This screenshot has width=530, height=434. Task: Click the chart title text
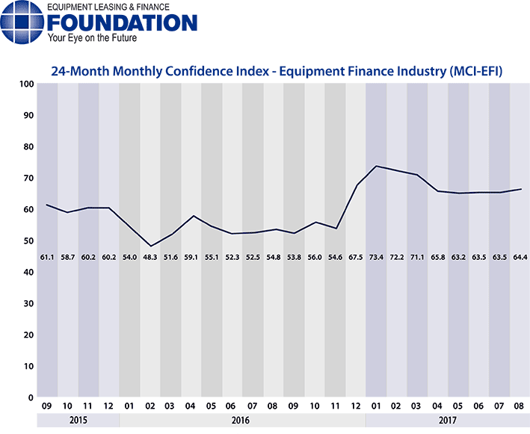276,72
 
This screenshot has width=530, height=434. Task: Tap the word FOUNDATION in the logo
121,22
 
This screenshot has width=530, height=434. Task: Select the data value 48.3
150,256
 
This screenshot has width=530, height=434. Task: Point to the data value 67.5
355,256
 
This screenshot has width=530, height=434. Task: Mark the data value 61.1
47,256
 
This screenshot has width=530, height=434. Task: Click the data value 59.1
191,256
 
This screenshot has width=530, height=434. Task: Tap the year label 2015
78,420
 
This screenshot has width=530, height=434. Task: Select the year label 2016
242,420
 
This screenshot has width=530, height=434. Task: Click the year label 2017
448,420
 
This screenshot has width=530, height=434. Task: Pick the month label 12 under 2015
109,407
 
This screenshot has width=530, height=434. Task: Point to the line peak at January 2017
376,166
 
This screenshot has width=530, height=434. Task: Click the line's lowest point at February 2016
150,246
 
